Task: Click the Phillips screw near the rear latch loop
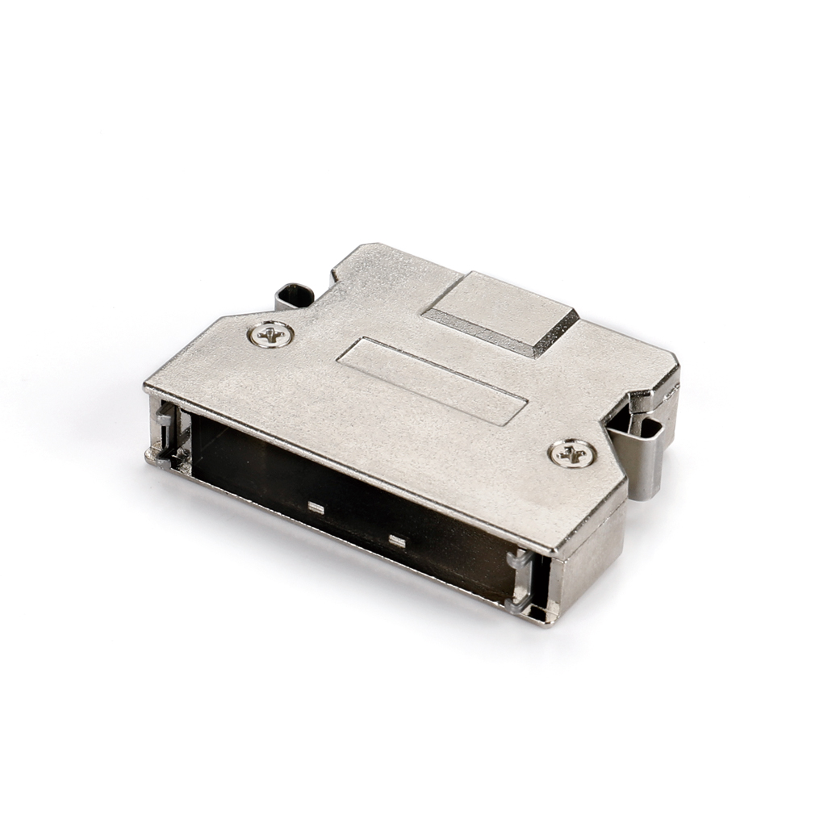tap(270, 333)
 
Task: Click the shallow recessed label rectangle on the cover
tap(432, 380)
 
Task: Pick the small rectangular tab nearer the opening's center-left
tap(316, 508)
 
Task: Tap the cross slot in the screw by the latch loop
tap(270, 333)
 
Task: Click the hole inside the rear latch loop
tap(296, 296)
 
